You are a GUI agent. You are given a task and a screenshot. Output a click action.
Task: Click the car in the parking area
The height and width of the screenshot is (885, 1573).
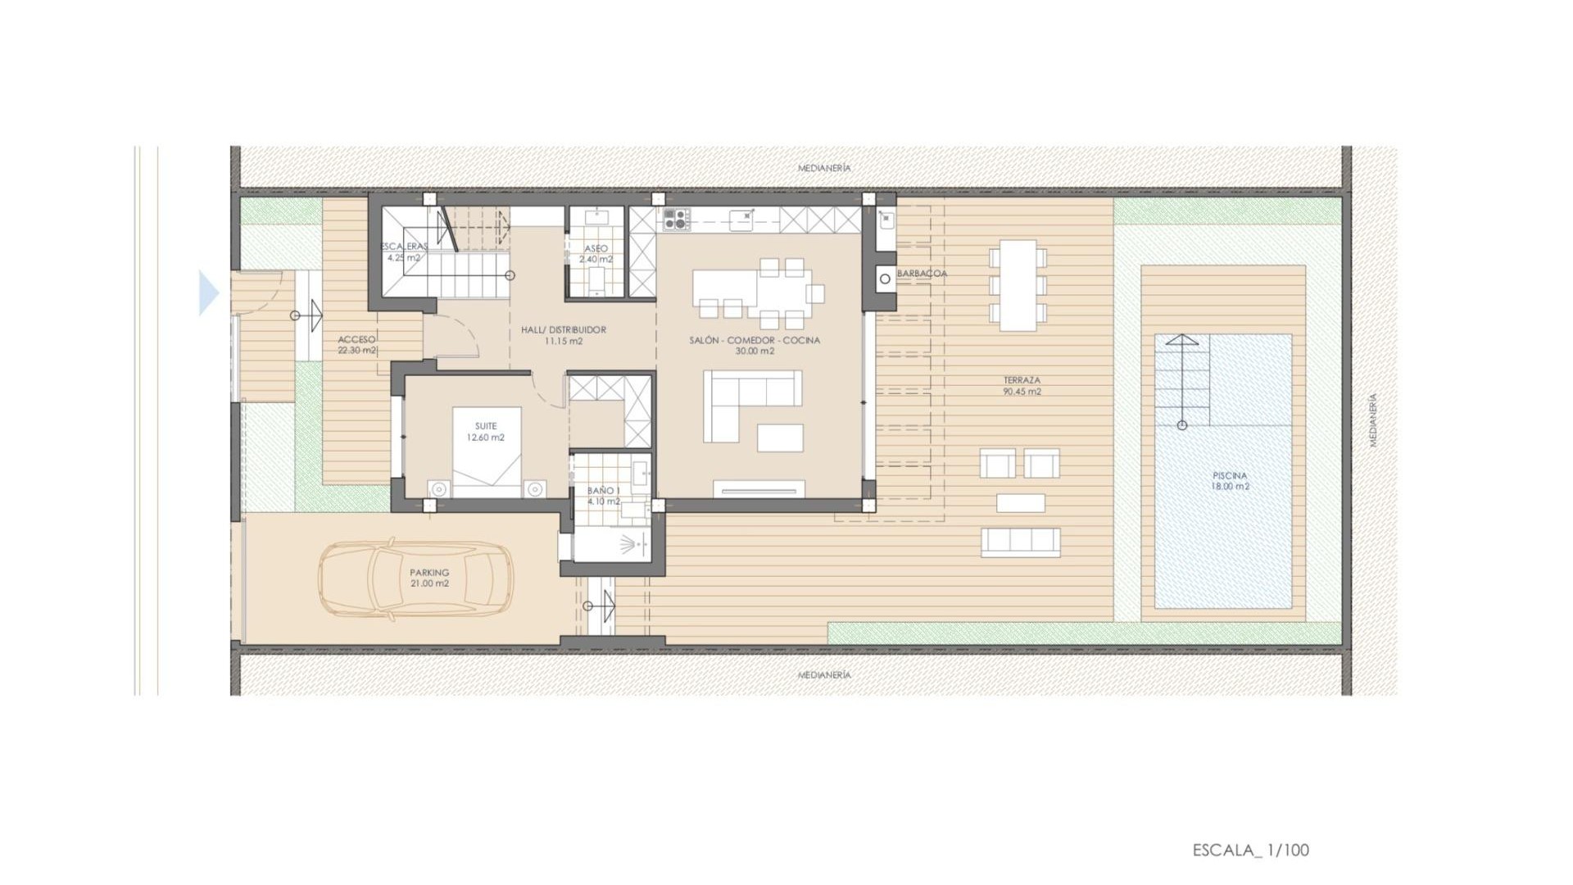[x=415, y=579]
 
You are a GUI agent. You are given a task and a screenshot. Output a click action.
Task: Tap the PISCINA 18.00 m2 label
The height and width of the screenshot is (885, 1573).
[x=1230, y=481]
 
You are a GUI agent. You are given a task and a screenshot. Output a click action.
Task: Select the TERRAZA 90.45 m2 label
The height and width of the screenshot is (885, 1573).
[x=1022, y=386]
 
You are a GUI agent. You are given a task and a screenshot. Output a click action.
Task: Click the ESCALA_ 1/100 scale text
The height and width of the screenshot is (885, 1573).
[x=1250, y=850]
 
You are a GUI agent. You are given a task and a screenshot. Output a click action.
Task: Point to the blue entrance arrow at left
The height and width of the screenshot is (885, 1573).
[x=208, y=293]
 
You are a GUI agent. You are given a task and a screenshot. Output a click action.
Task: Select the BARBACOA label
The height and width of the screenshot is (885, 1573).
[x=922, y=274]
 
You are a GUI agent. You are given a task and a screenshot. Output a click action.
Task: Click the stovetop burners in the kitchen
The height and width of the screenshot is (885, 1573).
[x=676, y=219]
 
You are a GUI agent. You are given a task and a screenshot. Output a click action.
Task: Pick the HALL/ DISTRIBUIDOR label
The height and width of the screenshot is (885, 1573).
[x=564, y=335]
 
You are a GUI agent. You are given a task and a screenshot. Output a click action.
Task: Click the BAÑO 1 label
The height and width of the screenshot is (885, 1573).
[x=604, y=496]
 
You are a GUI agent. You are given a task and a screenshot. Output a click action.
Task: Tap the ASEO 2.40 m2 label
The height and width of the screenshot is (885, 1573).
[x=596, y=254]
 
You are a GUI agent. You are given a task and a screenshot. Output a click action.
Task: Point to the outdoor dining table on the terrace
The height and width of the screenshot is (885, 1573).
[x=1018, y=285]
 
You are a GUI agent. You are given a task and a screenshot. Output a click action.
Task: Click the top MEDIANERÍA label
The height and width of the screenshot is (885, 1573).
[x=824, y=168]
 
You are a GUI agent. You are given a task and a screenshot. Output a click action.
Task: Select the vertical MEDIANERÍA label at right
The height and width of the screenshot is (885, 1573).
[x=1373, y=420]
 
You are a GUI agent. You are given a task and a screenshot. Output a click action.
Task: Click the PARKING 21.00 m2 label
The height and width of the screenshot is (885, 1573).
[x=429, y=578]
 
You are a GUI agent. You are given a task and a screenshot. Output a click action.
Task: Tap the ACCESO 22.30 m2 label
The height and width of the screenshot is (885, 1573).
[x=356, y=345]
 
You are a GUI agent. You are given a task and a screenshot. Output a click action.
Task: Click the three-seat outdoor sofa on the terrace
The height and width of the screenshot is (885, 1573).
[x=1020, y=542]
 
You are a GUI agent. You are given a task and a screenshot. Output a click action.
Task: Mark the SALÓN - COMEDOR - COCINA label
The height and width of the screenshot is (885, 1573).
[x=754, y=345]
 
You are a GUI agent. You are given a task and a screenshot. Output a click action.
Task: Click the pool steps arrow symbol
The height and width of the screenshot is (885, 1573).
[x=1181, y=381]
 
